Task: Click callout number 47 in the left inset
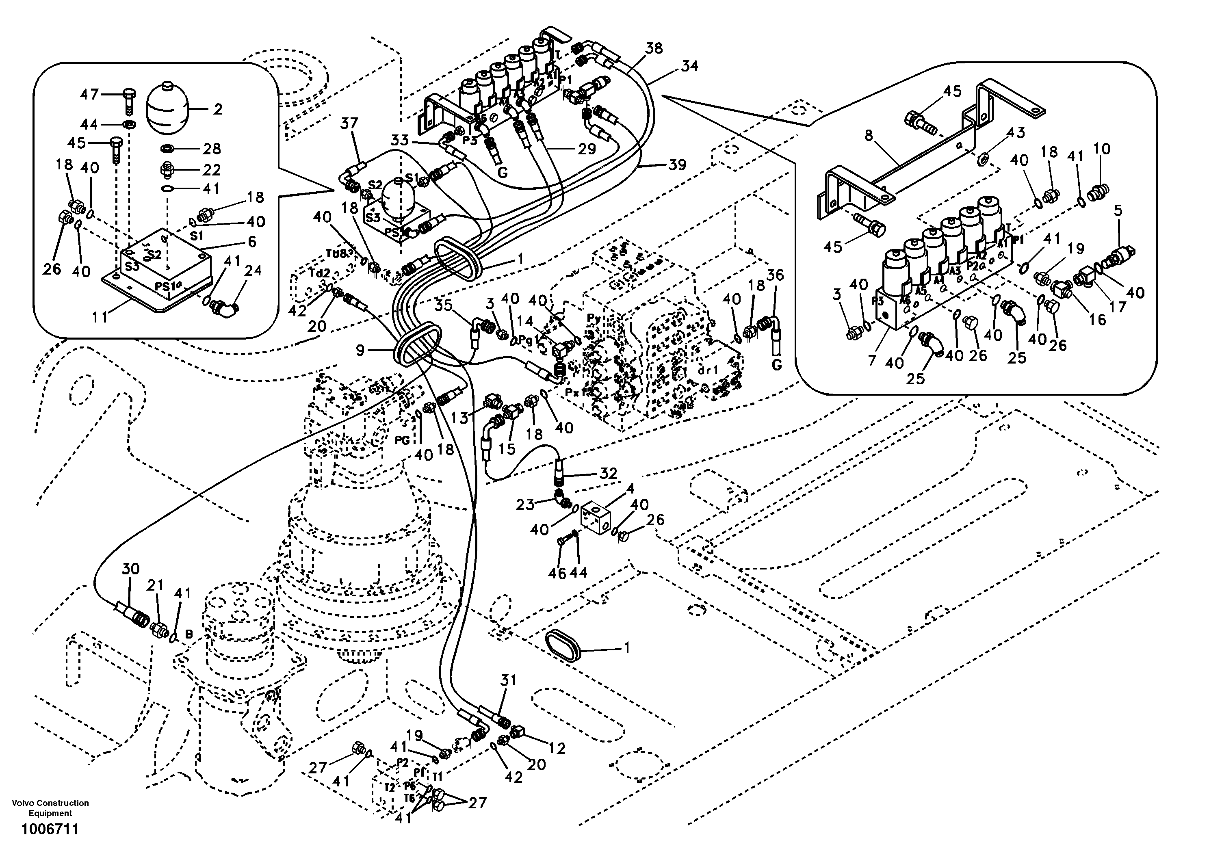point(89,94)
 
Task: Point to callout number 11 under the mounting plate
point(100,317)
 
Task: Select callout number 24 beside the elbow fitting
point(253,271)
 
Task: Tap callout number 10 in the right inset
point(1102,149)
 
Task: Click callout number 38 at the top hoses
point(654,48)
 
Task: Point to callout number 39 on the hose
point(677,165)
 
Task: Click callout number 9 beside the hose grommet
point(360,350)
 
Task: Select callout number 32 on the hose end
point(608,473)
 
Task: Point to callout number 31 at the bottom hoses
point(508,680)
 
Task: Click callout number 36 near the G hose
point(775,275)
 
